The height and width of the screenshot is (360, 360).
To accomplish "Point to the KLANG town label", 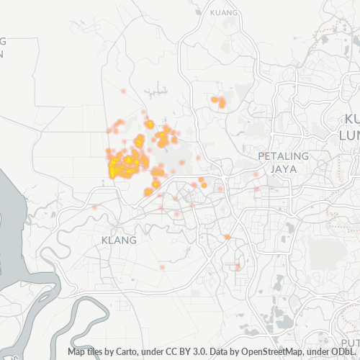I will coord(119,239).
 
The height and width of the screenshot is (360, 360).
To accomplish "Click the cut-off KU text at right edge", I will coord(352,119).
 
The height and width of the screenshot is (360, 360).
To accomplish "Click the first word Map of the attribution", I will coord(76,352).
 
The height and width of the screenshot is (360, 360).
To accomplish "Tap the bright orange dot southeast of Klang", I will coord(227,237).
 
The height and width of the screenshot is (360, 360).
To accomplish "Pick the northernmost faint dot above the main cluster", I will coord(124,91).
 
